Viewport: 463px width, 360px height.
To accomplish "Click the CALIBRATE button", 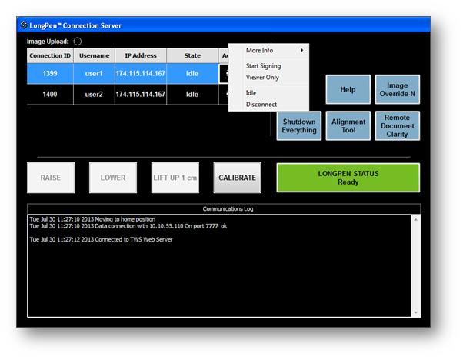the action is coord(238,178).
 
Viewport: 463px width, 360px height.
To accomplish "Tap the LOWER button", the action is coord(113,178).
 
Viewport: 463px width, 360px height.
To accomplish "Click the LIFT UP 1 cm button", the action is coord(175,178).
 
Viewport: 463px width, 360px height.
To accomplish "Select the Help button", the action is coord(348,89).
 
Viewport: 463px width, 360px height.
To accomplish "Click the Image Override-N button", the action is coord(398,89).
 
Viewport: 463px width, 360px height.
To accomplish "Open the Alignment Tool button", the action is coord(348,126).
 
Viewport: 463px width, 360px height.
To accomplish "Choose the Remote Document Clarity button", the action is coord(398,126).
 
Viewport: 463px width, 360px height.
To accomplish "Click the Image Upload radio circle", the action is coord(78,42).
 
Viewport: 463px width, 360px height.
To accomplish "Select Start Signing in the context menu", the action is coord(263,66).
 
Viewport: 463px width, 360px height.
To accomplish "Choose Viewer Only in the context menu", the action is coord(262,78).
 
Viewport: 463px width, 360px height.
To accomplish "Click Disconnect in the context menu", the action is coord(261,105).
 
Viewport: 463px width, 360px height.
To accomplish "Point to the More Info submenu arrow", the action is coord(301,50).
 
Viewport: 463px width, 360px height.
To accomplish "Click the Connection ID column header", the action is coord(50,55).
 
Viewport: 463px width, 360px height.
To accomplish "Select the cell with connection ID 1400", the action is coord(50,95).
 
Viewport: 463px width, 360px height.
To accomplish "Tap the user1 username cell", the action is coord(94,74).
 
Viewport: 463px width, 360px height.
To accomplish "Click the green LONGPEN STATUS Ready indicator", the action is coord(348,178).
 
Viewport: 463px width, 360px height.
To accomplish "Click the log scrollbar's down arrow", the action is coord(416,312).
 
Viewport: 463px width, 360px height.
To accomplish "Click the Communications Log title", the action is coord(228,208).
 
